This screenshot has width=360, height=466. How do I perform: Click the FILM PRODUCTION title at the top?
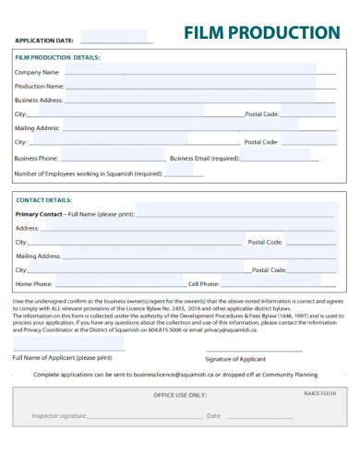click(x=262, y=33)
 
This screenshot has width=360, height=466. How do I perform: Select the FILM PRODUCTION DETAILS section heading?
click(x=57, y=57)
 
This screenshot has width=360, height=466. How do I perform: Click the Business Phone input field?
click(x=112, y=158)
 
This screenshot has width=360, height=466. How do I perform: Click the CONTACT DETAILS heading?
click(x=44, y=199)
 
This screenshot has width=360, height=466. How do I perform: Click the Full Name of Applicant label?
click(x=62, y=357)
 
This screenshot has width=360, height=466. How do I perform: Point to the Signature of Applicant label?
click(x=235, y=358)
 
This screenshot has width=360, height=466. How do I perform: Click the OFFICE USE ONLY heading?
click(x=180, y=395)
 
